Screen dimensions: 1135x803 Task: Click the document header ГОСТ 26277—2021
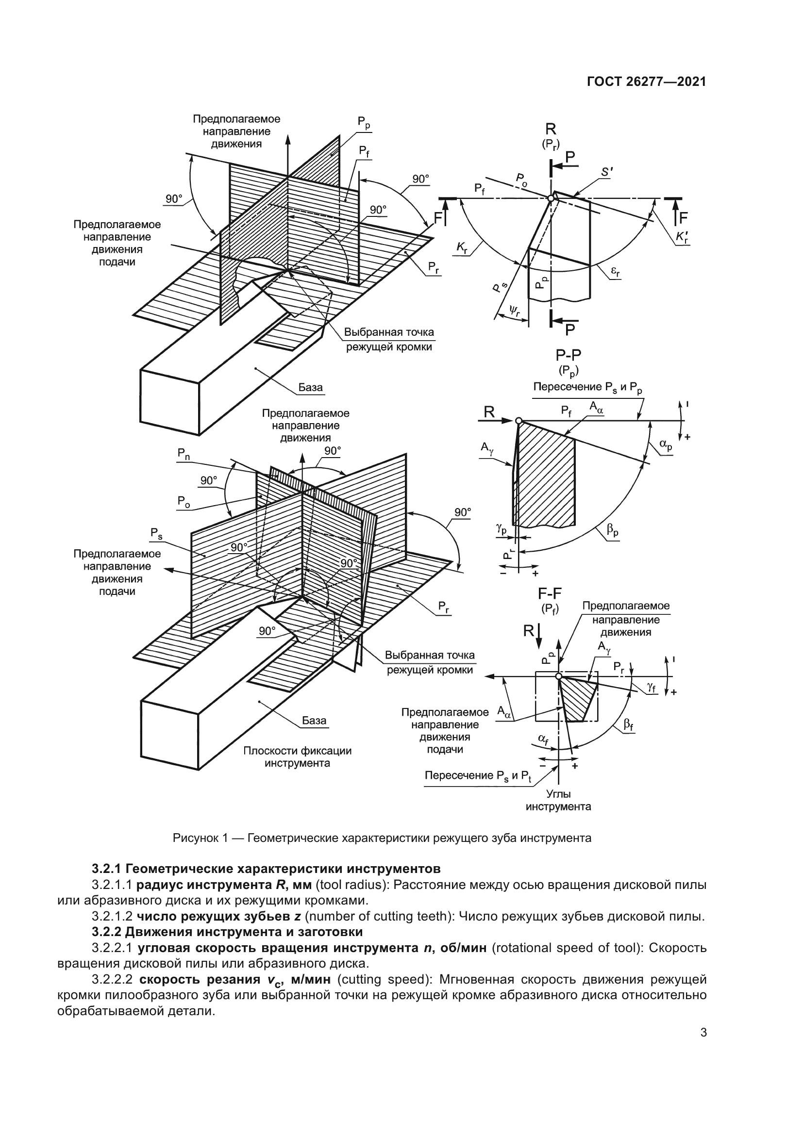click(x=646, y=82)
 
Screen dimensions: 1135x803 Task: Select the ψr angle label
click(x=515, y=312)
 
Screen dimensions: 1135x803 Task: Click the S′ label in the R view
click(x=607, y=172)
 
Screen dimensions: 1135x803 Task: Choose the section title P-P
click(x=568, y=354)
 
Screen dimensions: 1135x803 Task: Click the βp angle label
click(x=613, y=531)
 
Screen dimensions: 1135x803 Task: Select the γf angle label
click(x=651, y=688)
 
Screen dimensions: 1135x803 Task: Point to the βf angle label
click(x=628, y=725)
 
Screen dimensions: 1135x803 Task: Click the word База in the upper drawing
click(x=311, y=387)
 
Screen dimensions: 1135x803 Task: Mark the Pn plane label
click(x=184, y=454)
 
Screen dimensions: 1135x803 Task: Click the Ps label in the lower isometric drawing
click(x=156, y=533)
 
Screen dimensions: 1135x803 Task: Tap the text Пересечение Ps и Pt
click(x=478, y=775)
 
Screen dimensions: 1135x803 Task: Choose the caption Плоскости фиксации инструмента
click(x=297, y=757)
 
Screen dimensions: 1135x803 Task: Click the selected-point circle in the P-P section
click(x=518, y=421)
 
